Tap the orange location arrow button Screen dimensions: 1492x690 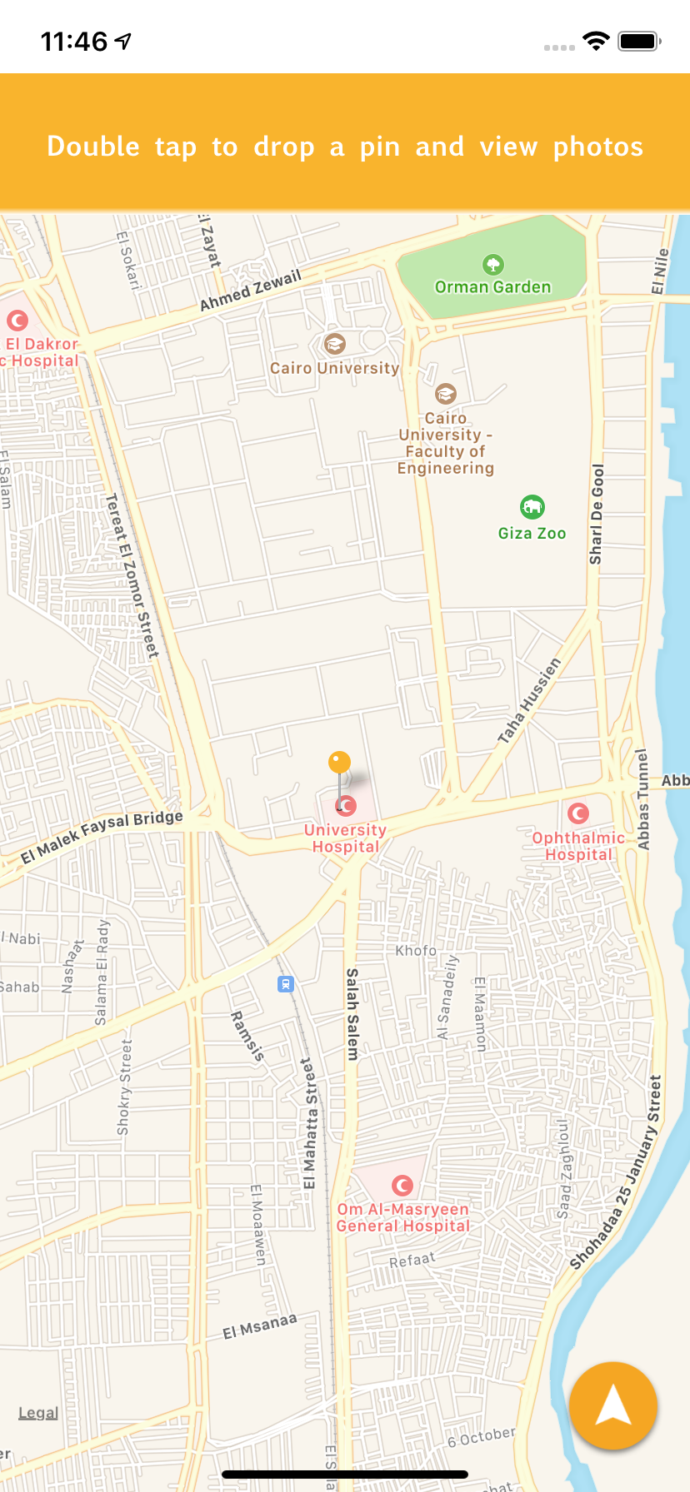coord(613,1405)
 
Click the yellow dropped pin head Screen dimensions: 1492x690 coord(339,762)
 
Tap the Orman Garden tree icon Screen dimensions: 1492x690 coord(493,265)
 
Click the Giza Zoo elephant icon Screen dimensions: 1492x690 coord(532,506)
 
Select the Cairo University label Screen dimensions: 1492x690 coord(335,368)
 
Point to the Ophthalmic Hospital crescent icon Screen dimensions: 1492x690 coord(578,813)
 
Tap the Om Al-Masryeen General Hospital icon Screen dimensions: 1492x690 coord(402,1185)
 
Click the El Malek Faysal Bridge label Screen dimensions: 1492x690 coord(102,836)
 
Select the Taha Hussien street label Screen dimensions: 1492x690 coord(529,700)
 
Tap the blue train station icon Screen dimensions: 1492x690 coord(286,984)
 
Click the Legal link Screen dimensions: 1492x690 coord(38,1413)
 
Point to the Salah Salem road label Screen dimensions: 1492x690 coord(352,1013)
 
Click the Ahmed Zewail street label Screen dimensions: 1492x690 coord(250,291)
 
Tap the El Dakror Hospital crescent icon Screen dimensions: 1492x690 coord(17,320)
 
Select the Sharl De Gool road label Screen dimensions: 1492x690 coord(597,514)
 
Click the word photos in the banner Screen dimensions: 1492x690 coord(598,147)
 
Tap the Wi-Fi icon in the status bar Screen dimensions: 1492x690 coord(596,41)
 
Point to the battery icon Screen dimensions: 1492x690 coord(639,41)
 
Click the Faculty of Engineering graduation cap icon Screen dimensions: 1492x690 coord(446,393)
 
